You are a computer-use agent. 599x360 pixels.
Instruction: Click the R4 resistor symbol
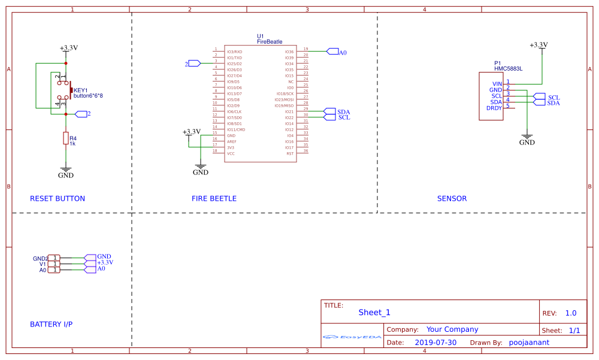click(x=66, y=138)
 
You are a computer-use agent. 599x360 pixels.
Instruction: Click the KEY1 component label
click(x=81, y=90)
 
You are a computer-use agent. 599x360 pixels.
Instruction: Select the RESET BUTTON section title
click(x=58, y=199)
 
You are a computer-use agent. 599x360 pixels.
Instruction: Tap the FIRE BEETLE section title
click(x=214, y=199)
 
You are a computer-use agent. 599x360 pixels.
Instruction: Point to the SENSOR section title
click(x=452, y=199)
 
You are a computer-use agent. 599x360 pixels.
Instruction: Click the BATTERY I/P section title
click(x=51, y=325)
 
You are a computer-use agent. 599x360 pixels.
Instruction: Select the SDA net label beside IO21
click(x=343, y=112)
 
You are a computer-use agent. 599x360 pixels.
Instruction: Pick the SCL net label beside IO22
click(x=344, y=117)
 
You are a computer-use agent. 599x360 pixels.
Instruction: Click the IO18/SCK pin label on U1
click(x=285, y=94)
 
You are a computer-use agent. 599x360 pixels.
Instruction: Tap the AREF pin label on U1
click(x=231, y=142)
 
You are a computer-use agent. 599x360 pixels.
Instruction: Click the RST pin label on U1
click(x=290, y=154)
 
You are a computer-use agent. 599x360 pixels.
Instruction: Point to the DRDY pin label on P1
click(x=494, y=108)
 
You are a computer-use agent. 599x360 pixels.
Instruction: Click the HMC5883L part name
click(x=509, y=69)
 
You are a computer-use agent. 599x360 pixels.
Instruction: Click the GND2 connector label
click(x=40, y=259)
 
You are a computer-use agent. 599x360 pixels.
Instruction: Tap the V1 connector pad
click(x=54, y=264)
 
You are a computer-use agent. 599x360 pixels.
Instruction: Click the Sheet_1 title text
click(x=374, y=312)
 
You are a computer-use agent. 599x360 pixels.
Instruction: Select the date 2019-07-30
click(x=435, y=343)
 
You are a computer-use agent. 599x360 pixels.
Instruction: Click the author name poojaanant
click(x=529, y=343)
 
